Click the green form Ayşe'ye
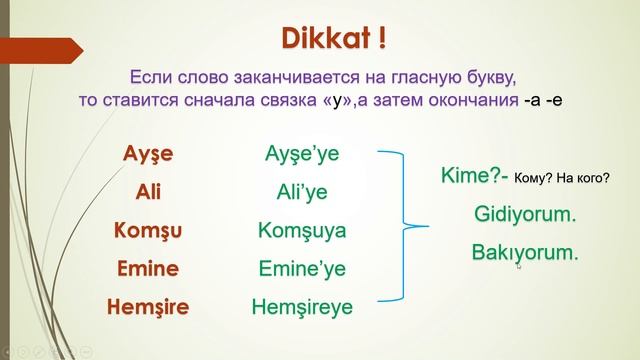point(303,155)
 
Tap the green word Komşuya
point(303,231)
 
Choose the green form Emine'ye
point(303,268)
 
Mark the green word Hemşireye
point(303,307)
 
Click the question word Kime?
point(470,175)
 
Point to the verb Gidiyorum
point(525,213)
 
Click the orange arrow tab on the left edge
point(40,48)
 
